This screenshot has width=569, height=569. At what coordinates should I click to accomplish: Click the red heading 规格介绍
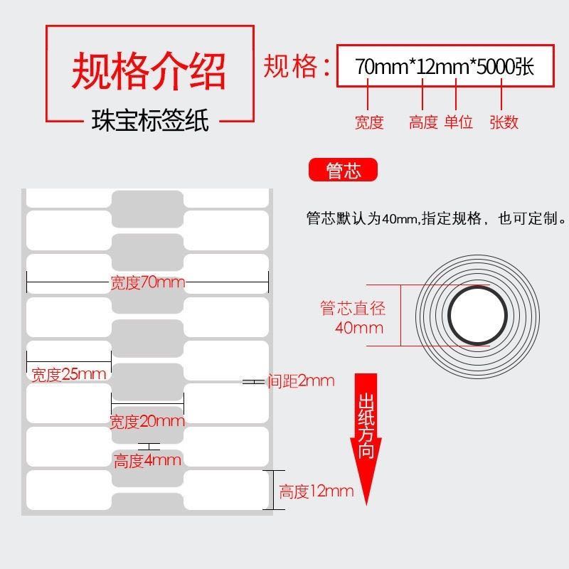[149, 70]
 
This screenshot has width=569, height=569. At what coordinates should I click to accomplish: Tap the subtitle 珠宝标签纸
[150, 120]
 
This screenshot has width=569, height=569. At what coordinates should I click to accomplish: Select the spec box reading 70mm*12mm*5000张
[445, 67]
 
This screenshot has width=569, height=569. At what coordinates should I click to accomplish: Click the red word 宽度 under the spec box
[369, 122]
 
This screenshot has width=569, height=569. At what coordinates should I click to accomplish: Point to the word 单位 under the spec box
[459, 122]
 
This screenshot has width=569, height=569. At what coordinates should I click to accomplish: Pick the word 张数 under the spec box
[504, 122]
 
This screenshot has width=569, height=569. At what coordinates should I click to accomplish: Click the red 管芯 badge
[343, 171]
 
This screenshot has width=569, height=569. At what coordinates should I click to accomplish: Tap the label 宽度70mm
[147, 283]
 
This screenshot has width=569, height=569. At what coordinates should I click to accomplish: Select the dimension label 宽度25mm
[69, 374]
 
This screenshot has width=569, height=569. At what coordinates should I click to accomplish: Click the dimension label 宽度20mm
[147, 422]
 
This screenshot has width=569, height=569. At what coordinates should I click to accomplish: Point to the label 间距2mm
[301, 381]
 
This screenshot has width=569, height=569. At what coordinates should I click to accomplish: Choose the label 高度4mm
[147, 461]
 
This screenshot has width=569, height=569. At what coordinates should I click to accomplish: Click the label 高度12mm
[316, 491]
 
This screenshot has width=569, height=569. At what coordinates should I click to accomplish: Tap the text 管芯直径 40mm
[353, 318]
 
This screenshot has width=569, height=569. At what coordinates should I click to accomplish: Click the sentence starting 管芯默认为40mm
[435, 219]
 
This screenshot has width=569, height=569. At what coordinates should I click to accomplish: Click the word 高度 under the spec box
[423, 122]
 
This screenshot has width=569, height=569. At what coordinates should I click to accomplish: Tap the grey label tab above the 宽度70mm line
[147, 252]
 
